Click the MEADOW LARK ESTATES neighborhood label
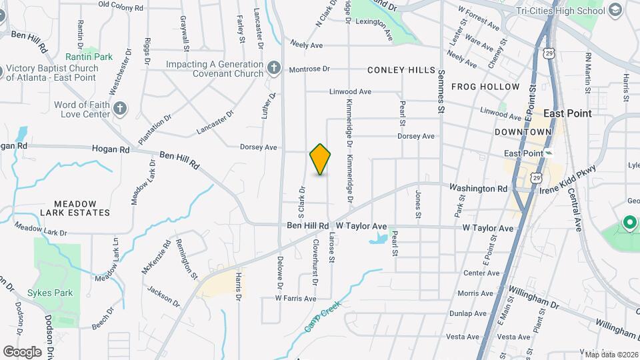click(74, 208)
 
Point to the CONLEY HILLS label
click(401, 70)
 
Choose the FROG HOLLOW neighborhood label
click(485, 87)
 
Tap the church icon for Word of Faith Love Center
click(120, 109)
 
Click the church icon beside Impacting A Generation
click(273, 68)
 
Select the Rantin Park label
click(89, 57)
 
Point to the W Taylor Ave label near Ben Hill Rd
click(361, 227)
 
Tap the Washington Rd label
click(478, 189)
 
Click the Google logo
click(22, 351)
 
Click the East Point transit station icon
click(548, 153)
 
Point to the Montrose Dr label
click(309, 69)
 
